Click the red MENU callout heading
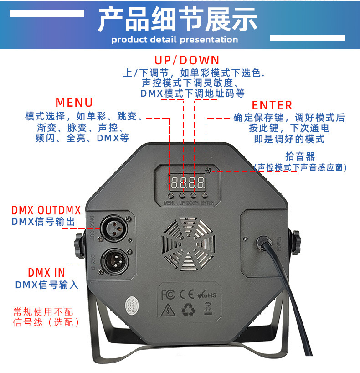point(74,103)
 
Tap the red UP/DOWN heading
point(187,60)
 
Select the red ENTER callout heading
point(272,105)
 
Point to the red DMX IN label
point(46,273)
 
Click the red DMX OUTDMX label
point(46,210)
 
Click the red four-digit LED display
point(187,183)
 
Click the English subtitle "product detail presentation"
point(175,40)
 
